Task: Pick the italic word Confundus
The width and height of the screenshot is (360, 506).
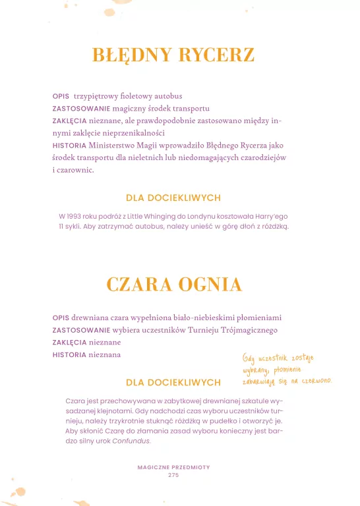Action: [x=131, y=441]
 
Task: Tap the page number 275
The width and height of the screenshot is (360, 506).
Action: [x=173, y=475]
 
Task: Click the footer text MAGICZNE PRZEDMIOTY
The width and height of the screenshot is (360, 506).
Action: [x=173, y=467]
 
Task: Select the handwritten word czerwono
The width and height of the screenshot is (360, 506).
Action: [x=315, y=381]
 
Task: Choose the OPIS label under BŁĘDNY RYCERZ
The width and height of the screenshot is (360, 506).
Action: [x=61, y=96]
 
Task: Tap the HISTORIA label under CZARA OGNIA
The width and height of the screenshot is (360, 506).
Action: [x=69, y=354]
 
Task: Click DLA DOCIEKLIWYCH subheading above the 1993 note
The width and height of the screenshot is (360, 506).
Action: [x=173, y=198]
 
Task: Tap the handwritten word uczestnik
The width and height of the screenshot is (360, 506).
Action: [x=272, y=358]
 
